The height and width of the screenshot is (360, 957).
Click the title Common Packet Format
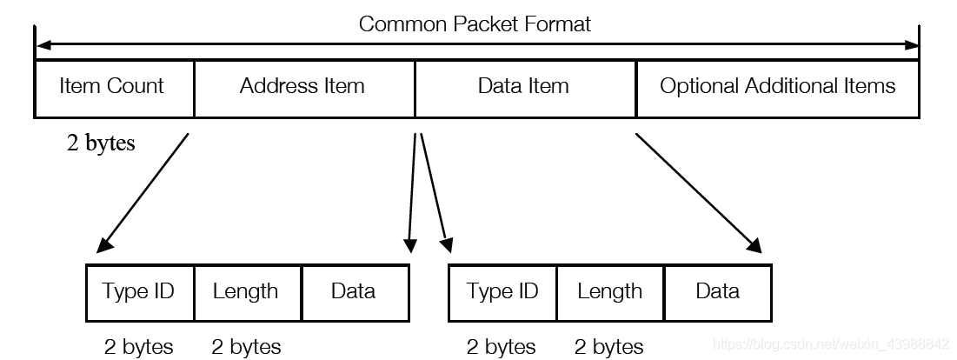475,23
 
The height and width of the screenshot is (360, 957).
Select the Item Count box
113,87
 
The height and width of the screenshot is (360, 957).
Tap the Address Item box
303,87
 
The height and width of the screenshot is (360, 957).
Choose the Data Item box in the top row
524,87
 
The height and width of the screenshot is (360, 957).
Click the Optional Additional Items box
777,87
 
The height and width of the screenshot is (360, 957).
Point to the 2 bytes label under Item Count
101,143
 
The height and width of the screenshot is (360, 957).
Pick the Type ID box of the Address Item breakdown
139,291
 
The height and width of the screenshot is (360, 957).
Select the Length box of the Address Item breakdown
246,291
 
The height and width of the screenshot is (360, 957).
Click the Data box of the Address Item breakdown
354,291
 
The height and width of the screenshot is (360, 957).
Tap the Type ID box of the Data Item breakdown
502,291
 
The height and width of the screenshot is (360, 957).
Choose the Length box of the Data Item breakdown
609,291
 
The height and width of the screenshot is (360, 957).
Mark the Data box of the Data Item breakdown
718,291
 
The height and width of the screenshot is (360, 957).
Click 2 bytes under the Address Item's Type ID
139,347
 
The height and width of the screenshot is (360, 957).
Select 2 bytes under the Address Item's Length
246,347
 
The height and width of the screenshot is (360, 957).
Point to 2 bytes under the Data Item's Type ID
502,347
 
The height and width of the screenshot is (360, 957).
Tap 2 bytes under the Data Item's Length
609,347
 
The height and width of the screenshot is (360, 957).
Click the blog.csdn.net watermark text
831,345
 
